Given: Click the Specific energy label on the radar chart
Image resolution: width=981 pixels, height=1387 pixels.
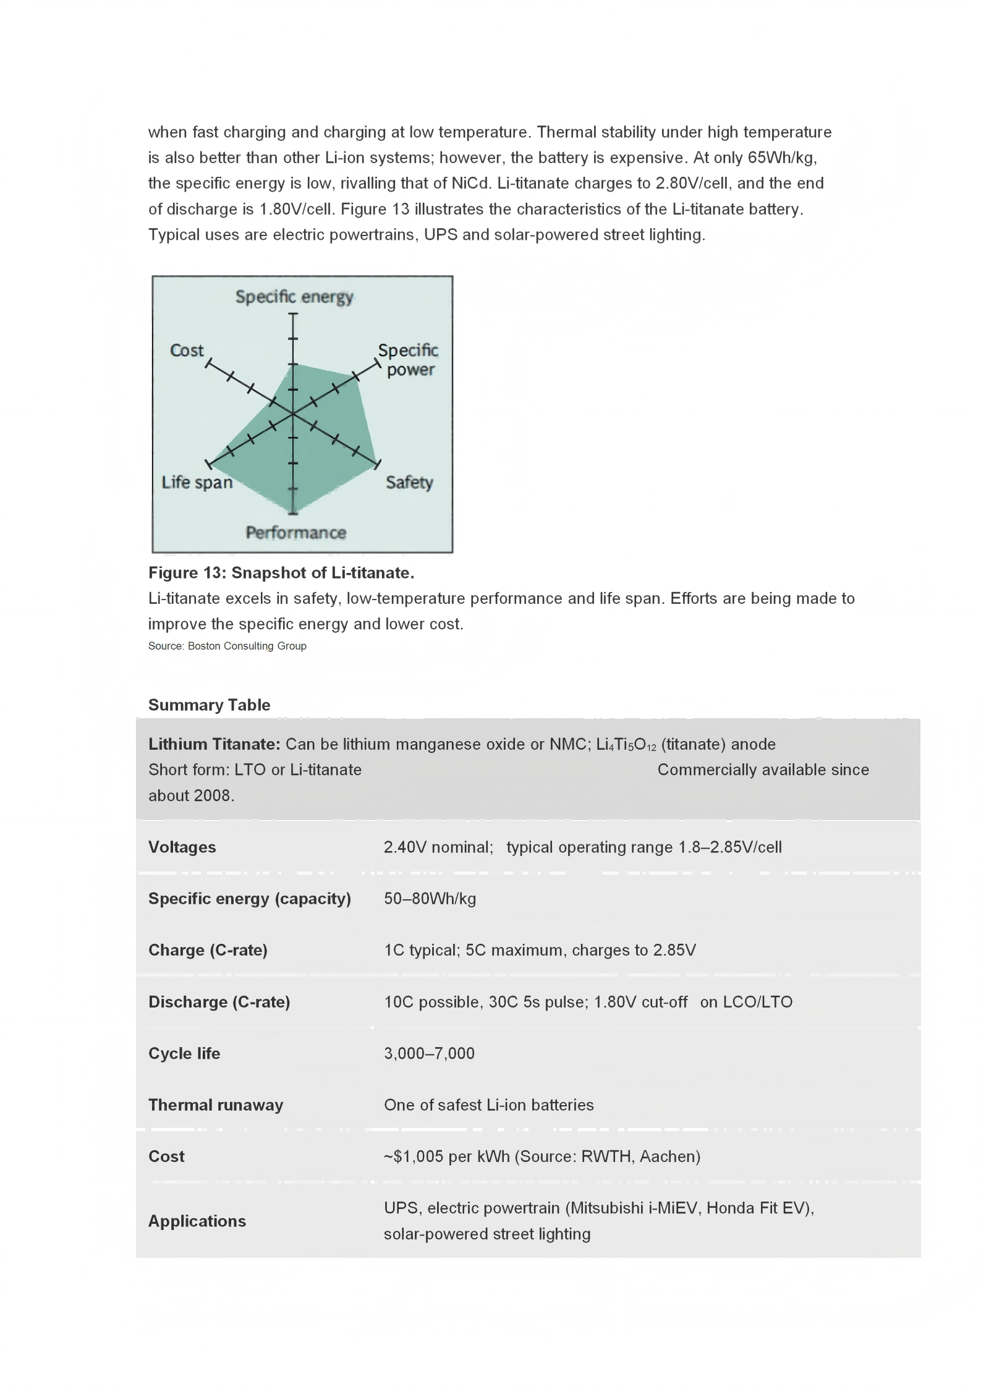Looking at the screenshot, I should click(x=294, y=297).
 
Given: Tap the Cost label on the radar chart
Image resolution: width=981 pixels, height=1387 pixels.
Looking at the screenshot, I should click(x=187, y=350).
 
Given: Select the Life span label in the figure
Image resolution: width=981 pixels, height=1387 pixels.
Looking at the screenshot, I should click(x=197, y=482).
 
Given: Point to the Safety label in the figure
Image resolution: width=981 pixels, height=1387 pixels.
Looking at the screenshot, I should click(x=409, y=482).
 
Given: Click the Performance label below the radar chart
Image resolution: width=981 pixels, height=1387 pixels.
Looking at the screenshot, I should click(x=296, y=533).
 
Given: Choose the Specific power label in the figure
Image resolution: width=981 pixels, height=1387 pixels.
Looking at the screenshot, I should click(x=409, y=360).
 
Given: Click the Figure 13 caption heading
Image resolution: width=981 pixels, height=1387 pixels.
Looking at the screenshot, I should click(x=281, y=573).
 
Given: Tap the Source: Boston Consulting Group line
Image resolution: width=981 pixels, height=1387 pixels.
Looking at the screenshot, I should click(x=227, y=646).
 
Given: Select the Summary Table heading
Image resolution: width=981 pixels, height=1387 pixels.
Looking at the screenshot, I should click(x=209, y=705).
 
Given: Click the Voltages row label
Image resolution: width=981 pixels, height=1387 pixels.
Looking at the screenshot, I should click(x=182, y=847).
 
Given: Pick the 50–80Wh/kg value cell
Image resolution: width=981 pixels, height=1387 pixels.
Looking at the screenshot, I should click(x=430, y=899).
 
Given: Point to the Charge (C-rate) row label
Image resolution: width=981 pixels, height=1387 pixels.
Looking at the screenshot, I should click(x=208, y=950).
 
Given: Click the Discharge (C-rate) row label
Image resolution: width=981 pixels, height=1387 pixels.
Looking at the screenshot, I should click(x=219, y=1002).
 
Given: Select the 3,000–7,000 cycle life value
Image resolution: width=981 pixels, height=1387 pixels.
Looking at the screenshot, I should click(x=429, y=1053).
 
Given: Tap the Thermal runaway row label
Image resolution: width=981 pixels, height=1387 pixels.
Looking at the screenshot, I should click(x=216, y=1105).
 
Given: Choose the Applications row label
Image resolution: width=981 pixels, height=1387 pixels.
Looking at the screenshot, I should click(x=197, y=1221).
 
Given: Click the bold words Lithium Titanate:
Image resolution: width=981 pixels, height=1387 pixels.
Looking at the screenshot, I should click(x=214, y=744).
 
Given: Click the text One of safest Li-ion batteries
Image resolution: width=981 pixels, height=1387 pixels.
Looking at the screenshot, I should click(x=488, y=1105).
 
